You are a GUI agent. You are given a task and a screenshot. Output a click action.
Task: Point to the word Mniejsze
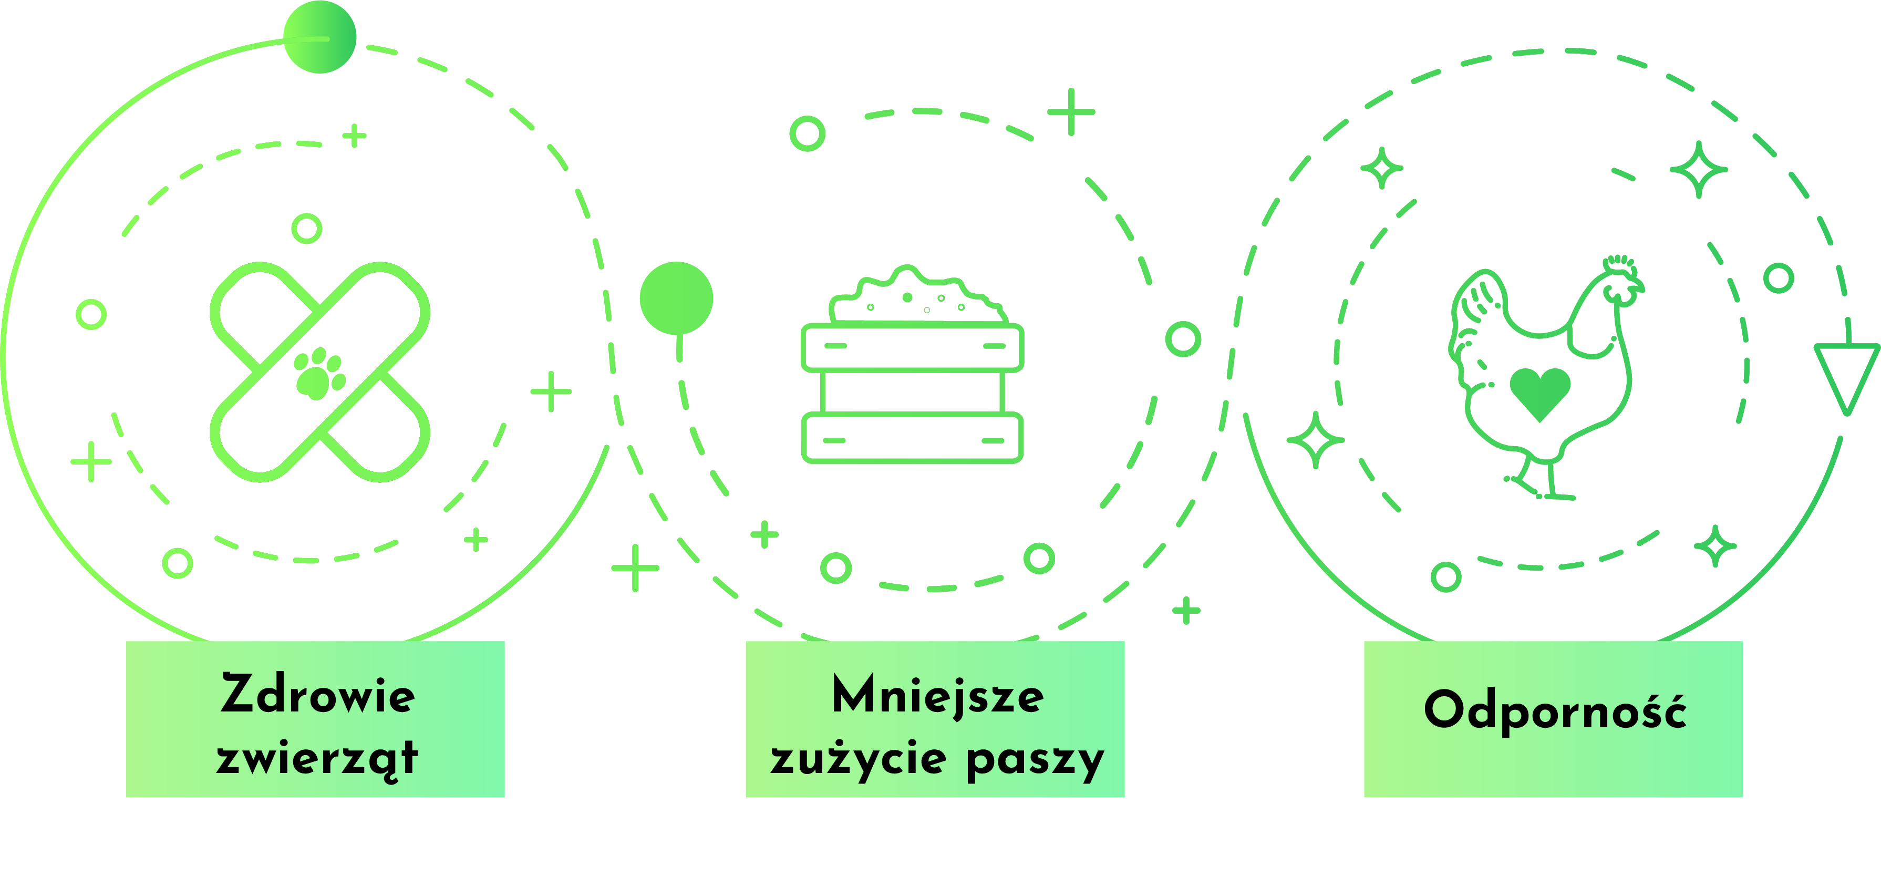tap(937, 695)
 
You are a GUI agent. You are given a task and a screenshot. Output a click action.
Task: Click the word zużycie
tap(859, 759)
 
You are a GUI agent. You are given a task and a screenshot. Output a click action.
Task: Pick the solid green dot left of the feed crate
tap(676, 298)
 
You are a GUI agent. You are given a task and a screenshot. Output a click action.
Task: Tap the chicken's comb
tap(1619, 262)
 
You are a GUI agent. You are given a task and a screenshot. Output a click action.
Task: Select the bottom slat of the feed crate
tap(912, 438)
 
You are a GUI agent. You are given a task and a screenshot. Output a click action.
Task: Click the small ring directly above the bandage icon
tap(307, 229)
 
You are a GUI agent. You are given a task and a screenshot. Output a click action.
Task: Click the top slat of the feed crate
tap(912, 347)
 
